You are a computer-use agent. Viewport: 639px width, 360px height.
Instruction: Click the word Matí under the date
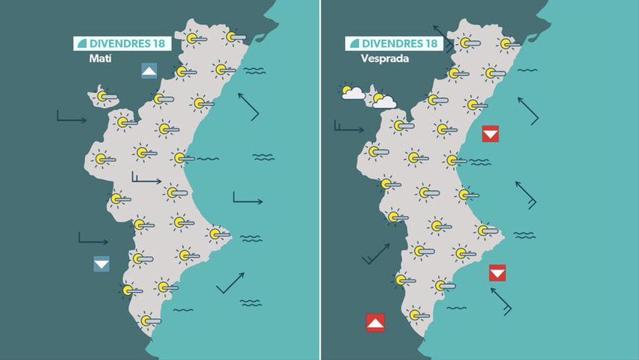[x=100, y=58]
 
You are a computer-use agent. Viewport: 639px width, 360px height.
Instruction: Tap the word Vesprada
[x=385, y=58]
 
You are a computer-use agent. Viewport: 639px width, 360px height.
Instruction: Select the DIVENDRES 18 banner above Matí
[x=122, y=44]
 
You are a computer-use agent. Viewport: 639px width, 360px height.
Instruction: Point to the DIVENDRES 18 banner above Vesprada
[x=394, y=44]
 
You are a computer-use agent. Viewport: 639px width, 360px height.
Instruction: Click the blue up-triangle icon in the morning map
[x=149, y=71]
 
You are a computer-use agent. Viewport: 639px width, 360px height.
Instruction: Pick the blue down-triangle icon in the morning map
[x=101, y=264]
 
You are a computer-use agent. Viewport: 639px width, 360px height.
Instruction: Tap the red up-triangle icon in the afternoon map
[x=375, y=322]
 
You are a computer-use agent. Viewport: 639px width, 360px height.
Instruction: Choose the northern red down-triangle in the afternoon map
[x=490, y=134]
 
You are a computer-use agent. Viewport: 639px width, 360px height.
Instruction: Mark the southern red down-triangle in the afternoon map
[x=497, y=273]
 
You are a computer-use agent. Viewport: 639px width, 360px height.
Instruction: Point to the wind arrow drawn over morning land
[x=146, y=179]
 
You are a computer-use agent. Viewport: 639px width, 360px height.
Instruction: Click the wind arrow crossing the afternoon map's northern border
[x=443, y=38]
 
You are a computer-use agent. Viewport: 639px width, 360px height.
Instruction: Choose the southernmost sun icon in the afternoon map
[x=416, y=315]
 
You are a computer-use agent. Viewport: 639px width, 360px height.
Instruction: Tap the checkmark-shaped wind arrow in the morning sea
[x=230, y=283]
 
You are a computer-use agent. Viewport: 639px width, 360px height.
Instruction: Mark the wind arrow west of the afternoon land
[x=376, y=254]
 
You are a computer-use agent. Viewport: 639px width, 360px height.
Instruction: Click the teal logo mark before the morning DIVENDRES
[x=82, y=44]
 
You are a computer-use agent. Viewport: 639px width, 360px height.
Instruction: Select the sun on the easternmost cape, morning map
[x=216, y=234]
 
